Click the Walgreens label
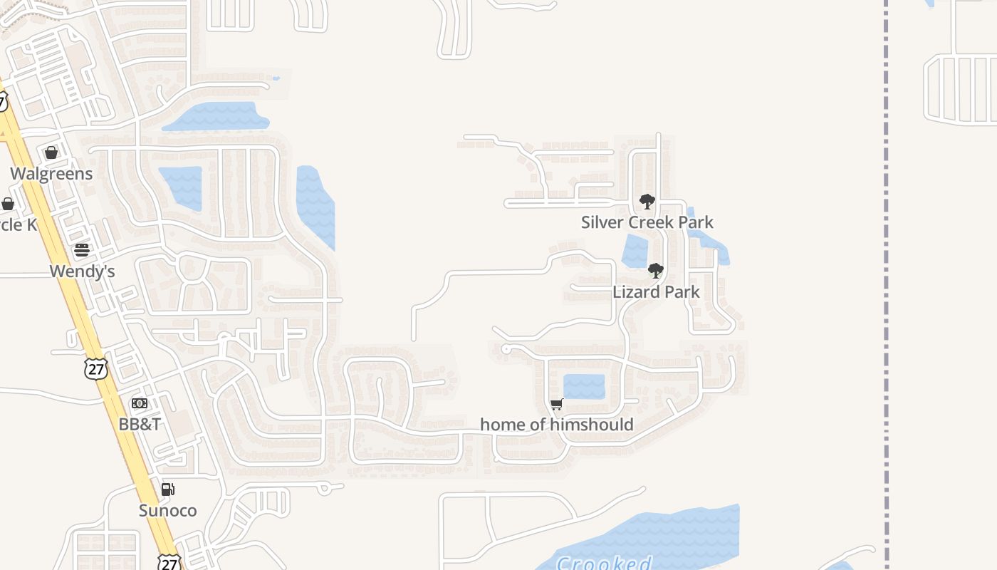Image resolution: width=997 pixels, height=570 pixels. coord(51,174)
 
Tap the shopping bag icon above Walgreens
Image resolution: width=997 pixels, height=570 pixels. coord(51,152)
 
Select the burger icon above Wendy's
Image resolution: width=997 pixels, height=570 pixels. coord(82,249)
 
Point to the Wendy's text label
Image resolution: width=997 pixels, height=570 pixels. coord(82,271)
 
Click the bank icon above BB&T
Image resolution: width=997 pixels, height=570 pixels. coord(140,403)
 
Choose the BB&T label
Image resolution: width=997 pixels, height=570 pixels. coord(140,424)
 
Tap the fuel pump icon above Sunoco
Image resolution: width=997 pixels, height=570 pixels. coord(168,489)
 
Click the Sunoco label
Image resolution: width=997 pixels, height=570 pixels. coord(168,510)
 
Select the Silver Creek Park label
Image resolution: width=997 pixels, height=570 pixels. coord(647,222)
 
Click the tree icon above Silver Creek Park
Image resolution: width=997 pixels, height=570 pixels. coord(647,202)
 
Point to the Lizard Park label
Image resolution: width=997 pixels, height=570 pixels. coord(656,291)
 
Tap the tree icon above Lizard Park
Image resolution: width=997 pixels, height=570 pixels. coord(656,271)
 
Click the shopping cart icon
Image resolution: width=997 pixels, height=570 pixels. coord(557,404)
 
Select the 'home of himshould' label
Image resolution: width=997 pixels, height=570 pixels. coord(557,425)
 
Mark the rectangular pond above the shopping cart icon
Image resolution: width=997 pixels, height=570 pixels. coord(584,386)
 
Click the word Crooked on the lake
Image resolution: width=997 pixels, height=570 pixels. coord(604,563)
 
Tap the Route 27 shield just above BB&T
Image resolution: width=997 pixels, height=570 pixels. coord(95,368)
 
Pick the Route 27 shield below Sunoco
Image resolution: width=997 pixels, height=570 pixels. coord(169,561)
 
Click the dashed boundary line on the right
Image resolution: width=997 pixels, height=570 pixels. coord(887,285)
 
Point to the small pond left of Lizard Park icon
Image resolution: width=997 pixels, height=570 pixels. coord(635,251)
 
